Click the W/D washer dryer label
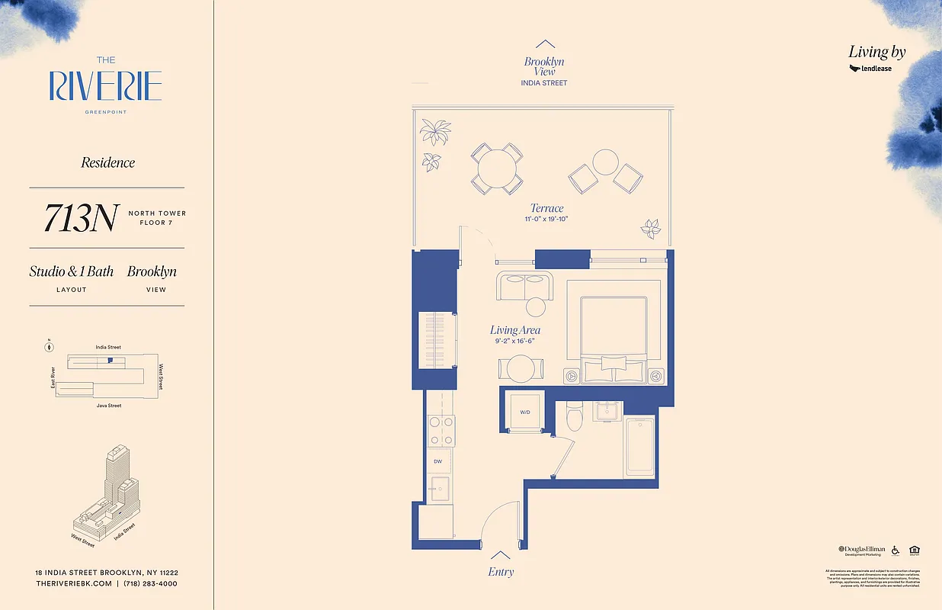[525, 413]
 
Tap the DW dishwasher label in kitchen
[437, 461]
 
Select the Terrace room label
[546, 208]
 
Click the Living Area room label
[515, 330]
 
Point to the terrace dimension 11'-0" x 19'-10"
[546, 220]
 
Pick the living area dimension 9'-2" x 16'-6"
[516, 342]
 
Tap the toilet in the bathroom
[575, 418]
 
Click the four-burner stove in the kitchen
[441, 431]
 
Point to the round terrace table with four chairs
[496, 168]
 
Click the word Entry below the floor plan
[500, 572]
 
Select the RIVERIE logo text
[105, 85]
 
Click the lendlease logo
[870, 69]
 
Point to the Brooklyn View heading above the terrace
[544, 66]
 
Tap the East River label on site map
[53, 377]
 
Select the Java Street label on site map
[108, 406]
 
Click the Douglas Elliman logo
[862, 550]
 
